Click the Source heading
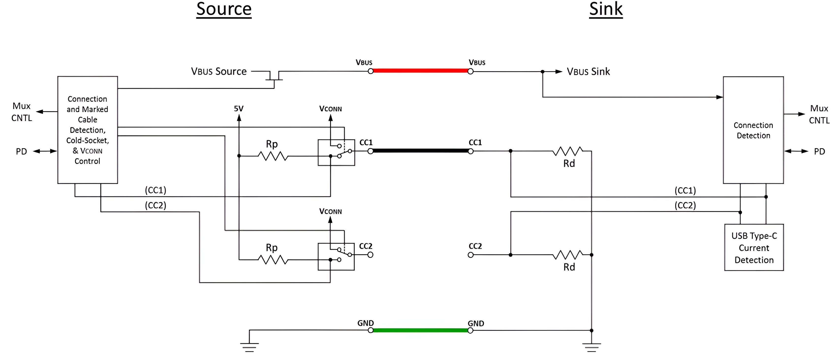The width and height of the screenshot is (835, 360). pos(224,9)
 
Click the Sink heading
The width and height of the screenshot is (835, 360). pos(605,9)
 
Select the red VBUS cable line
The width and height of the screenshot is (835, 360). pos(420,71)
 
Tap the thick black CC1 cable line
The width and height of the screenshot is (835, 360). pos(420,151)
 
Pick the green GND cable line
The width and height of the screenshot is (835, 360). pos(420,330)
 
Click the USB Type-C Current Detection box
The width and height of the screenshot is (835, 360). pos(754,247)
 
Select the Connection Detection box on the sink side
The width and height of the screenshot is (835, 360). pos(753,130)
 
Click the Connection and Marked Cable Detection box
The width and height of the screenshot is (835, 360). pos(88,130)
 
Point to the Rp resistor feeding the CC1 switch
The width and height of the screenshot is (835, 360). pos(273,156)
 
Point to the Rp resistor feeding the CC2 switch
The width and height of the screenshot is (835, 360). pos(273,260)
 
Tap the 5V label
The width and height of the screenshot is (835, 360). pos(239,109)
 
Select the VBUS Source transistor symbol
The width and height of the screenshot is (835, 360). pos(274,76)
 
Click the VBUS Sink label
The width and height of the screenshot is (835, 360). pos(588,71)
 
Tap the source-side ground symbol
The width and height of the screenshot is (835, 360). pos(249,347)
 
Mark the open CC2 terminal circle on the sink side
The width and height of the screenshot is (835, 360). pos(471,255)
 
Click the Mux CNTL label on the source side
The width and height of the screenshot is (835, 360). pos(22,112)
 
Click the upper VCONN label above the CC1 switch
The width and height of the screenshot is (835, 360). pos(330,109)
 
